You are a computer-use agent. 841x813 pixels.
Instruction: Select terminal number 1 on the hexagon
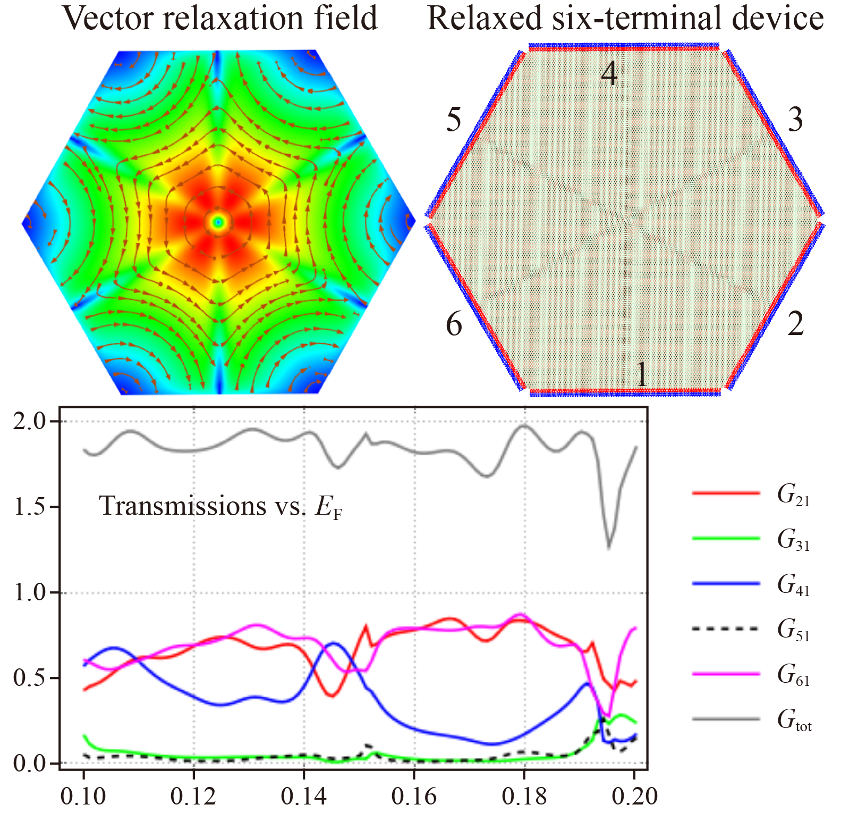[642, 374]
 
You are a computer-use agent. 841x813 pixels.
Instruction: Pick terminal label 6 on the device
[454, 324]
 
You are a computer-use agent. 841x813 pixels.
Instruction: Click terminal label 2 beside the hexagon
[795, 324]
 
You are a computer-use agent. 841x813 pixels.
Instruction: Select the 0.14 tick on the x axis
[303, 796]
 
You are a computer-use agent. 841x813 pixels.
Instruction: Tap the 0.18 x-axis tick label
[524, 796]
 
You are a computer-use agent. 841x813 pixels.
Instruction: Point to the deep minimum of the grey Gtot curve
[609, 548]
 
